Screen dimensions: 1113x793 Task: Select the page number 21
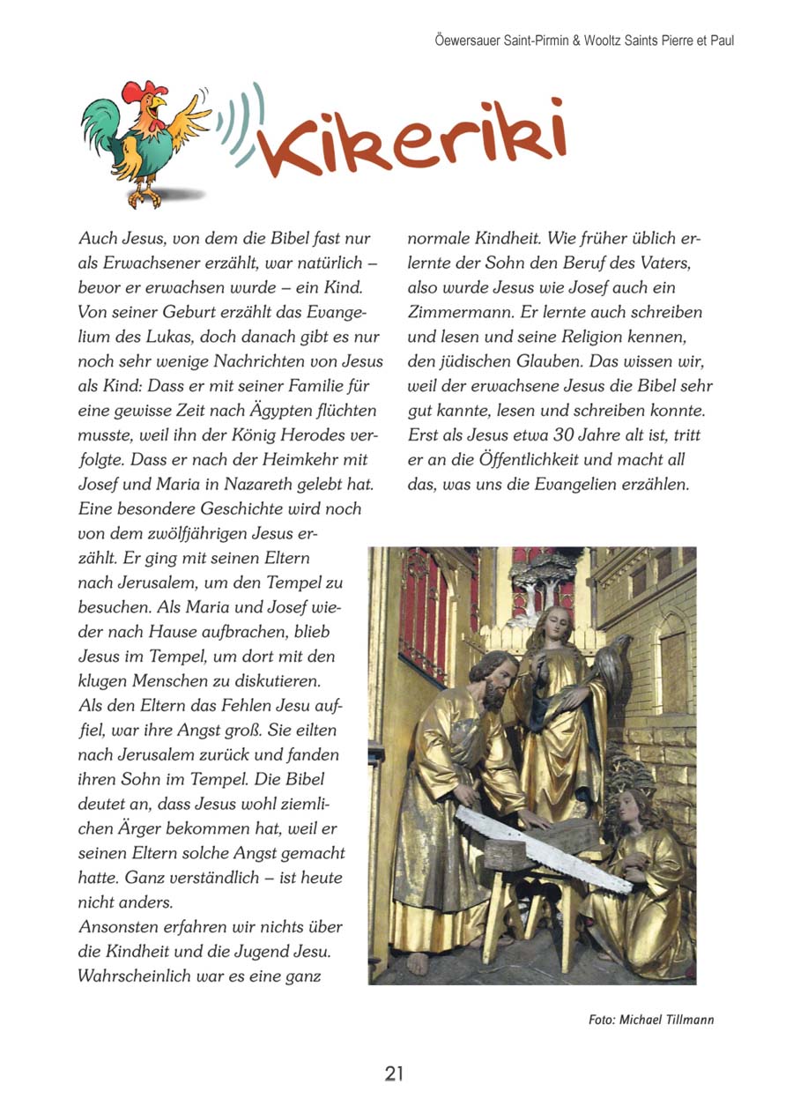(394, 1073)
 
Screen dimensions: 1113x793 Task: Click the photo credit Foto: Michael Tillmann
(651, 1020)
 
